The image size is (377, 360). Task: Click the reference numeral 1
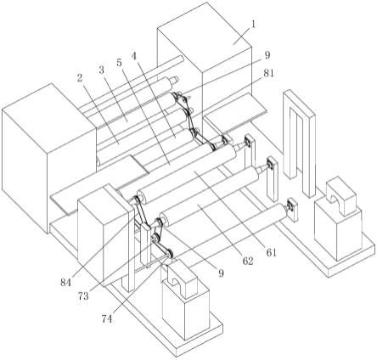pyautogui.click(x=254, y=25)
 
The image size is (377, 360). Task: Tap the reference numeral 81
pyautogui.click(x=268, y=73)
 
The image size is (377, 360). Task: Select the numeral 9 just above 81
pyautogui.click(x=267, y=55)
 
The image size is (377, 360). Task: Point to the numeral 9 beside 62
pyautogui.click(x=221, y=273)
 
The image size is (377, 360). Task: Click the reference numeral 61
pyautogui.click(x=271, y=252)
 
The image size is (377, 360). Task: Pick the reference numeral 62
pyautogui.click(x=248, y=261)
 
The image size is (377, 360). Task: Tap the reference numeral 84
pyautogui.click(x=65, y=282)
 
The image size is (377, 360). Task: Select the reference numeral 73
pyautogui.click(x=83, y=296)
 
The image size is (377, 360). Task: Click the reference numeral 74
pyautogui.click(x=107, y=319)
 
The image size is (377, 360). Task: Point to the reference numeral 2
pyautogui.click(x=80, y=77)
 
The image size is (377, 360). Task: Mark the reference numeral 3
pyautogui.click(x=102, y=70)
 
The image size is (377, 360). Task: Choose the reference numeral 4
pyautogui.click(x=134, y=56)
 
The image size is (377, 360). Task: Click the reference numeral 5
pyautogui.click(x=120, y=62)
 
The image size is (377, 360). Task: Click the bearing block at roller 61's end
pyautogui.click(x=249, y=141)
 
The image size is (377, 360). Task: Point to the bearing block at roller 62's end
pyautogui.click(x=272, y=164)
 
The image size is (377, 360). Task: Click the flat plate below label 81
pyautogui.click(x=235, y=111)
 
